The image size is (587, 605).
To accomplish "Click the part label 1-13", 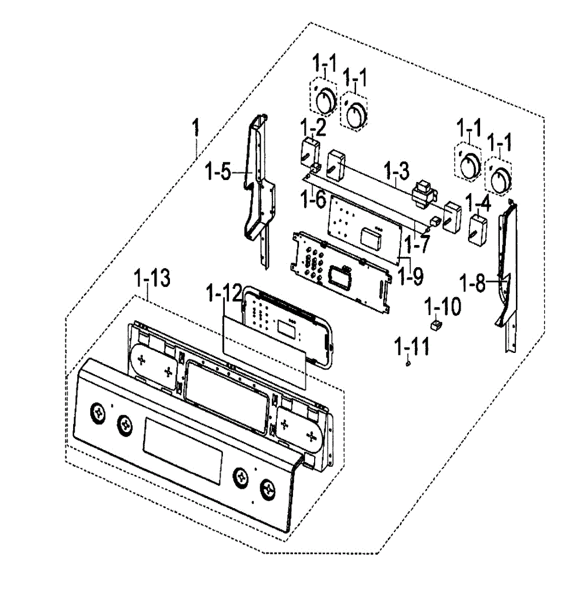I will click(x=153, y=278).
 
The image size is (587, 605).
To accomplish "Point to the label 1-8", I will click(x=474, y=283).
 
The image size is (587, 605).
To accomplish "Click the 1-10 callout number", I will click(x=443, y=307).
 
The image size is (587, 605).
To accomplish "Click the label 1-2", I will click(x=313, y=129).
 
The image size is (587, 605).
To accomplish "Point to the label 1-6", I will click(x=313, y=200).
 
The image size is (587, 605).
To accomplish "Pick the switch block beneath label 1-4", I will click(x=477, y=229).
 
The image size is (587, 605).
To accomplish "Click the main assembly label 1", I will click(x=196, y=129).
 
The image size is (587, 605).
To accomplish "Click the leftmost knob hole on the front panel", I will click(x=96, y=411).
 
